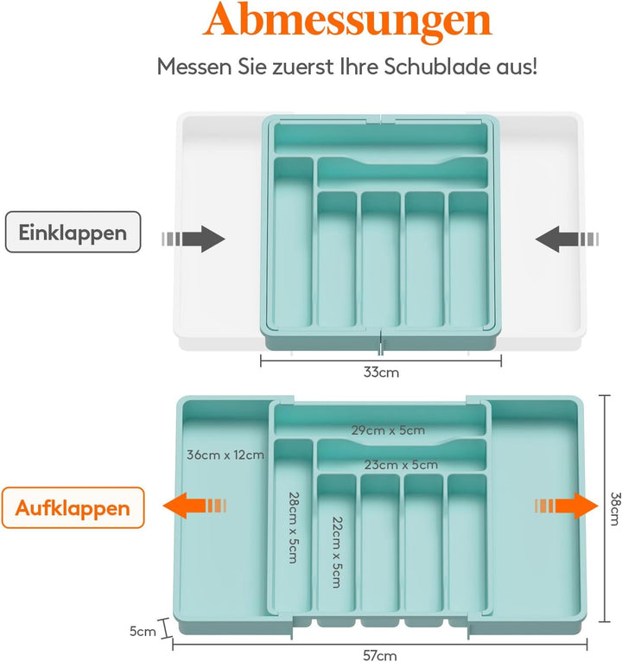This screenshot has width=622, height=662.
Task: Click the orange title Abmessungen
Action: pyautogui.click(x=347, y=20)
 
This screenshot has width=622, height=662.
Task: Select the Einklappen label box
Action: pyautogui.click(x=73, y=232)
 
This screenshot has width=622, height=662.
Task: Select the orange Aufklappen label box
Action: pyautogui.click(x=73, y=507)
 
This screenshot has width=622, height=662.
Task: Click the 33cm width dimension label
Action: pyautogui.click(x=381, y=372)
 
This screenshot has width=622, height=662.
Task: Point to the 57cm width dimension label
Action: pyautogui.click(x=380, y=655)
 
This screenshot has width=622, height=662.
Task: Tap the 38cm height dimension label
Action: pyautogui.click(x=616, y=508)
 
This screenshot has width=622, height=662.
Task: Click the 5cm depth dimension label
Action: pyautogui.click(x=143, y=631)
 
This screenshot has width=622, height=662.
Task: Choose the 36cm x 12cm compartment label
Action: pyautogui.click(x=225, y=455)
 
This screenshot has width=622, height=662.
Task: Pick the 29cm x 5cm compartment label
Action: pyautogui.click(x=388, y=430)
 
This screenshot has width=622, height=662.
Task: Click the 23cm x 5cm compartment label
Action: pyautogui.click(x=401, y=465)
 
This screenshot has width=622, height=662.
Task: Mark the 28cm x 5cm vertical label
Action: pyautogui.click(x=294, y=527)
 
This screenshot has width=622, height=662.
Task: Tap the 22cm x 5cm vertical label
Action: pyautogui.click(x=337, y=552)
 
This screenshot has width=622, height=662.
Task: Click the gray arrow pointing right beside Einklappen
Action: pyautogui.click(x=194, y=239)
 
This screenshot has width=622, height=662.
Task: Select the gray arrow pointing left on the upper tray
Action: pyautogui.click(x=567, y=239)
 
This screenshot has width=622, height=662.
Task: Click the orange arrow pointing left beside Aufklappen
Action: pyautogui.click(x=194, y=506)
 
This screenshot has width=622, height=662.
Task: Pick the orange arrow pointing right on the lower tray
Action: pyautogui.click(x=567, y=506)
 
